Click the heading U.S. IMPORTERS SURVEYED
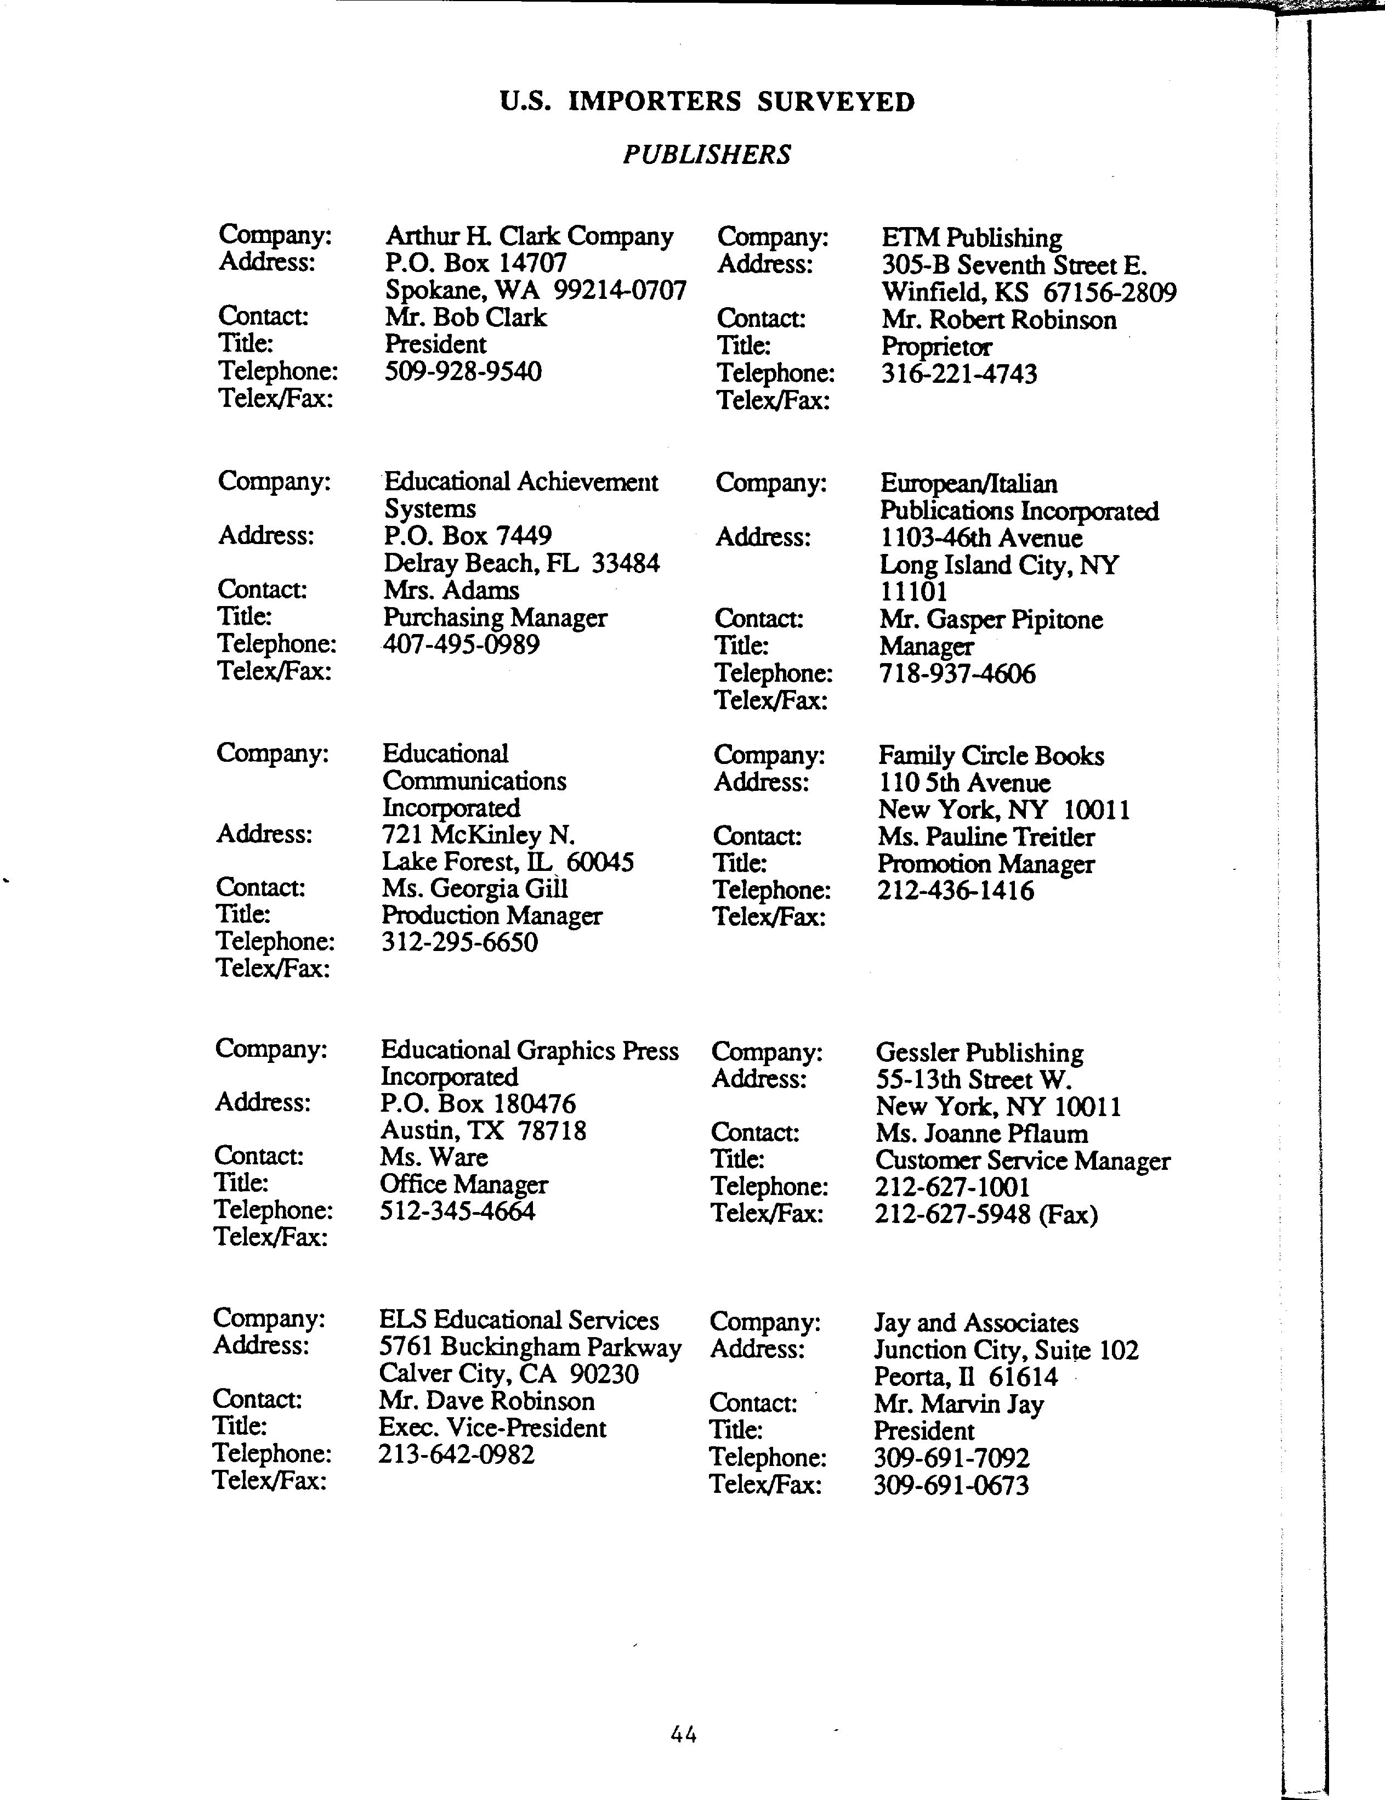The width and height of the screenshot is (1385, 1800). [x=707, y=102]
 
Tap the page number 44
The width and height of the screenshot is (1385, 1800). [x=684, y=1735]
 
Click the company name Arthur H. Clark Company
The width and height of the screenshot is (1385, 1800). [x=529, y=236]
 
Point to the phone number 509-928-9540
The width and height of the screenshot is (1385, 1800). [x=463, y=372]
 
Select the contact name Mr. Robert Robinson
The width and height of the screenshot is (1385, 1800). [x=998, y=320]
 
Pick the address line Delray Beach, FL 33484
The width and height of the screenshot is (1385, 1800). [x=521, y=564]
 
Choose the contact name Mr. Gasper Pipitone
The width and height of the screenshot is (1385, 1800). [x=990, y=620]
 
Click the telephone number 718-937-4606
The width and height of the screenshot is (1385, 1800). [x=957, y=674]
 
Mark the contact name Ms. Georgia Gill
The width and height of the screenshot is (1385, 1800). [x=475, y=889]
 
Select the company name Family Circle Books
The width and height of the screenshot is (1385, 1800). [x=990, y=756]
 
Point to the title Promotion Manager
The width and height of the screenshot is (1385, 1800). [x=985, y=864]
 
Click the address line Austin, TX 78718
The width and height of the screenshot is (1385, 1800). [x=483, y=1130]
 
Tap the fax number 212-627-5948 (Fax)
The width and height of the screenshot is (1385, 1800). [x=986, y=1215]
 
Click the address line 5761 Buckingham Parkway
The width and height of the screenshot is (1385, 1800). [x=530, y=1348]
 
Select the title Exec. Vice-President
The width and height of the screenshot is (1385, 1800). [x=492, y=1428]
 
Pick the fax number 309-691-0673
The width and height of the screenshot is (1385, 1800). [x=951, y=1486]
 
